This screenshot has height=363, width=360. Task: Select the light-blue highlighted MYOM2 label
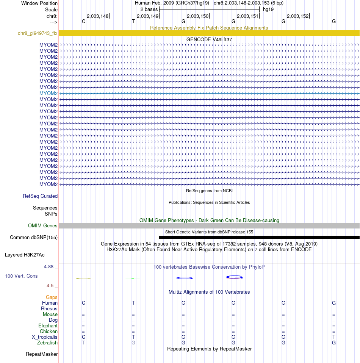(49, 93)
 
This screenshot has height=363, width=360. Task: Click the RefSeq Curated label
(40, 196)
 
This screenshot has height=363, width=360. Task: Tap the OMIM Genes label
(43, 226)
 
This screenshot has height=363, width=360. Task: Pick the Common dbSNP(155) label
(34, 238)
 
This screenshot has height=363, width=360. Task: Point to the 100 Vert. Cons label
(21, 276)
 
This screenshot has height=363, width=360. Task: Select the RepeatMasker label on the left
(42, 354)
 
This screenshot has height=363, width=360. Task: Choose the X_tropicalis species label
(45, 337)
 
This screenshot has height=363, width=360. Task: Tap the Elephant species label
(48, 326)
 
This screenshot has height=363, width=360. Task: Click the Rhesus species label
(49, 309)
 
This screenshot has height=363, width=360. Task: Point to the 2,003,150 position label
(197, 16)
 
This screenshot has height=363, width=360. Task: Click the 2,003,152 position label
(297, 16)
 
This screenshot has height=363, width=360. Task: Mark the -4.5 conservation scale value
(51, 286)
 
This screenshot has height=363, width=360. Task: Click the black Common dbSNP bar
(259, 238)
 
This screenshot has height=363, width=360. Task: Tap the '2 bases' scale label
(149, 9)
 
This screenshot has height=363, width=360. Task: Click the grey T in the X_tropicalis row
(334, 337)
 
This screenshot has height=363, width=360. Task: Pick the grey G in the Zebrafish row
(133, 343)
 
